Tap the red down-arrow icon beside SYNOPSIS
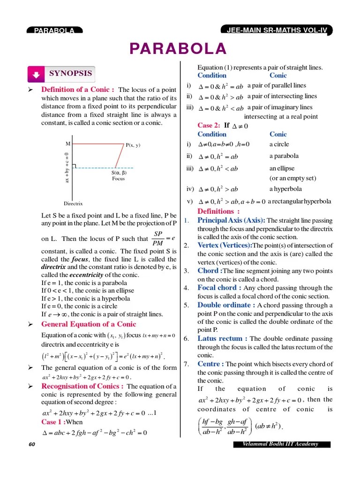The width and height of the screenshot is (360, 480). (36, 74)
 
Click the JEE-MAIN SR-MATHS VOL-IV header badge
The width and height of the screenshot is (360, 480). (276, 30)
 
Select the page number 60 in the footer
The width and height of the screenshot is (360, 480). (32, 444)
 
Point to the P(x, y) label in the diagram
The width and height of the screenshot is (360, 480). (133, 145)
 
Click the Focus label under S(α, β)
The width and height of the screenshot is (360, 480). (119, 179)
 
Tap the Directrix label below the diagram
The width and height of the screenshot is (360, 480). (73, 203)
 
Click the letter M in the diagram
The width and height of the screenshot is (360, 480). (68, 144)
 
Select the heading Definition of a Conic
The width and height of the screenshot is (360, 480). (78, 90)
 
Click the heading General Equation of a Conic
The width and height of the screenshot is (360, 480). (89, 324)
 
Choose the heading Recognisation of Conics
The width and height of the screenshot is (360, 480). (82, 386)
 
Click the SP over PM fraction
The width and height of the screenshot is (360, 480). (157, 238)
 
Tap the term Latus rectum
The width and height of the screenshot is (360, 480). (223, 338)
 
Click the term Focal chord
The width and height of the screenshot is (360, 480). (219, 288)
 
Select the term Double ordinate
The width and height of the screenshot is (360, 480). (226, 305)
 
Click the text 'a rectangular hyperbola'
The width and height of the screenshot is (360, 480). (299, 201)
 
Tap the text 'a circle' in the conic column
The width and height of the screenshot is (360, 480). (279, 144)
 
